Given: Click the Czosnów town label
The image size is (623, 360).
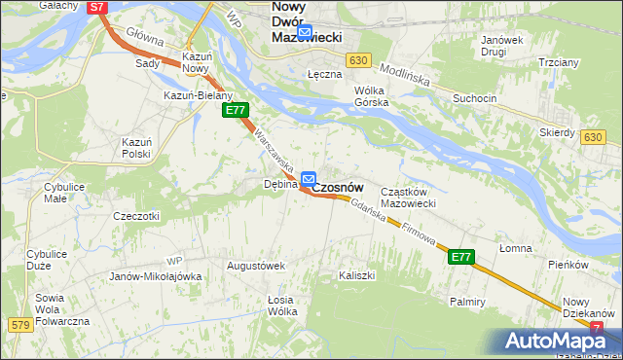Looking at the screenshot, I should [338, 186].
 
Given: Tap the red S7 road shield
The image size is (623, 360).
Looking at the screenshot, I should [96, 7].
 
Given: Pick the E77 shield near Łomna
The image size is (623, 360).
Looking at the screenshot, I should [461, 258].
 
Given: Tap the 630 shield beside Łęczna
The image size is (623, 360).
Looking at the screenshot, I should [359, 60].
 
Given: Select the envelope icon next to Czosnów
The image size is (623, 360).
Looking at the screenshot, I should [309, 178].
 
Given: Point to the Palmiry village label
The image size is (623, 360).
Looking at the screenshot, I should [467, 302].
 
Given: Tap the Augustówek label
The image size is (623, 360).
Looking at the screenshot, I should [254, 265].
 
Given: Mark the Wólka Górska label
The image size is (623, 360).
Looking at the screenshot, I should [371, 95].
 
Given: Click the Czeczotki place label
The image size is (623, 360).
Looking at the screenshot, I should [136, 215].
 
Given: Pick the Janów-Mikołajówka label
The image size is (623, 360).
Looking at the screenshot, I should [156, 276].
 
